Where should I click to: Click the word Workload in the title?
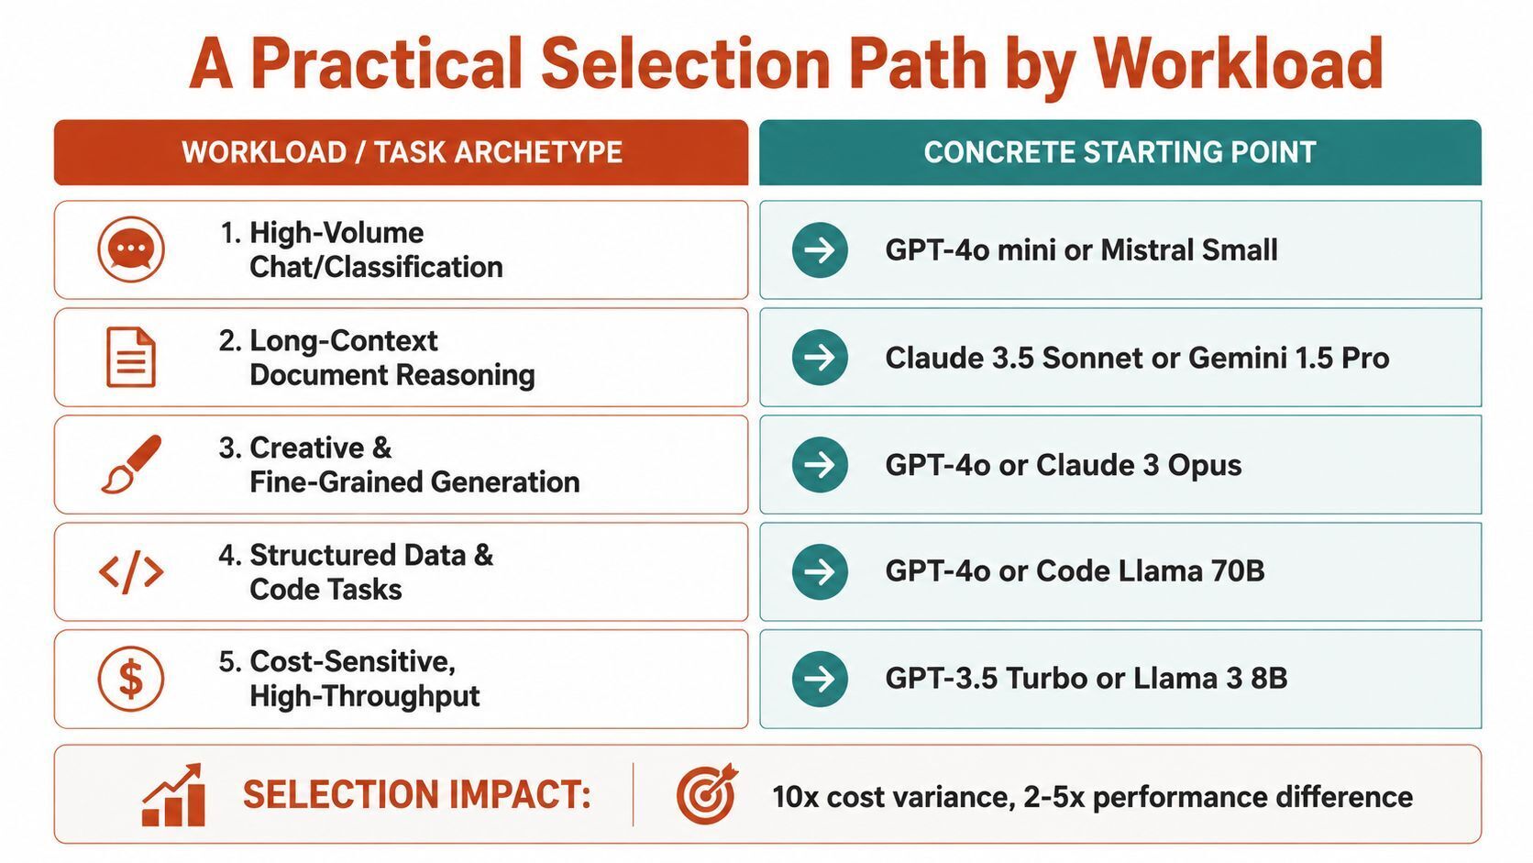pos(1238,64)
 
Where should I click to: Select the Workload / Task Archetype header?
pos(401,152)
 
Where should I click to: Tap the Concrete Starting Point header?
pos(1120,152)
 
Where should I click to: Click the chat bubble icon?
pos(131,249)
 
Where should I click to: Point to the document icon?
pos(131,357)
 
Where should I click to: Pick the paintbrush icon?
pos(131,464)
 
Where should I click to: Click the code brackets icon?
pos(131,571)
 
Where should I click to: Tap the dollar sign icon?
pos(131,679)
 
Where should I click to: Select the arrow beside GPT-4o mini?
pos(820,249)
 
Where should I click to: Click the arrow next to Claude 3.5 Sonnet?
pos(820,358)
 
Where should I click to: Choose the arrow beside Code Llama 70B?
pos(820,571)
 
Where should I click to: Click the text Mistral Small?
pos(1189,249)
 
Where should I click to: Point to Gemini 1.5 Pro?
pos(1289,358)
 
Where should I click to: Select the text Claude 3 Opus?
pos(1139,465)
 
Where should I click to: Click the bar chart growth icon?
pos(173,794)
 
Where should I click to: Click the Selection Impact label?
pos(417,795)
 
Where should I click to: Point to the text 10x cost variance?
pos(894,797)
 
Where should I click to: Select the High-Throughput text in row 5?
pos(365,697)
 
